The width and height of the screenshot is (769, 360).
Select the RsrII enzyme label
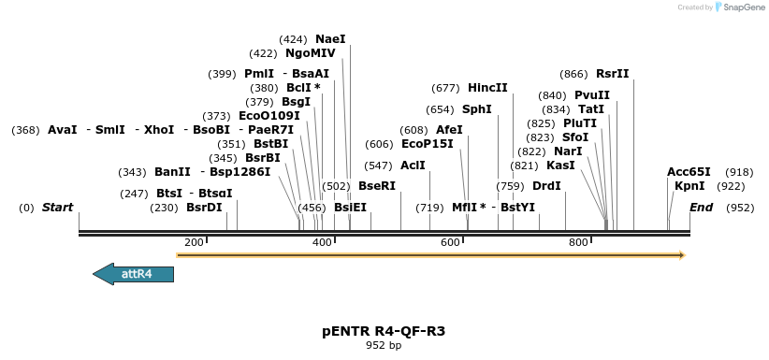click(613, 74)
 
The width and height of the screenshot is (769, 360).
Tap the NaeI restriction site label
click(330, 39)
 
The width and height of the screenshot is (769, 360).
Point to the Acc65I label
click(689, 172)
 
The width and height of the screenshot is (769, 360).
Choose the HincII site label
click(487, 88)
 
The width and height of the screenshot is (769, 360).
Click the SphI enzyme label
click(477, 109)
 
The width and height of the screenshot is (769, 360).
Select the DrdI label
click(546, 186)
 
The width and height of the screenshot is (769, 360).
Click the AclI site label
click(413, 166)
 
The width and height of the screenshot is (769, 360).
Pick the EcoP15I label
click(427, 144)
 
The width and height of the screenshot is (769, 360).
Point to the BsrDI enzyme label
click(204, 208)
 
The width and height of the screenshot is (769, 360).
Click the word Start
click(57, 208)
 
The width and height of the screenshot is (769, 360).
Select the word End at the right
click(701, 208)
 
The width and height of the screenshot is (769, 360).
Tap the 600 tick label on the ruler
click(450, 243)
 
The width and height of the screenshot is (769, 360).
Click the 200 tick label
click(194, 243)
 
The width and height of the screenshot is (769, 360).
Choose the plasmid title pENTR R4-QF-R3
click(384, 331)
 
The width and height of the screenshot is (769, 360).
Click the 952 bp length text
click(384, 346)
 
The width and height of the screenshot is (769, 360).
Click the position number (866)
click(573, 74)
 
